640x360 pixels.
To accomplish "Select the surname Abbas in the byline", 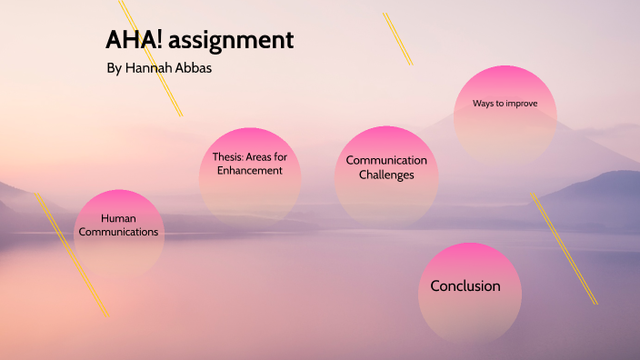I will pyautogui.click(x=197, y=69).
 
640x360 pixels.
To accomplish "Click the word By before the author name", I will pyautogui.click(x=114, y=69).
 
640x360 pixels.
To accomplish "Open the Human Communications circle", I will pyautogui.click(x=118, y=233).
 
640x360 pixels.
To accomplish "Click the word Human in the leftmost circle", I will pyautogui.click(x=118, y=218).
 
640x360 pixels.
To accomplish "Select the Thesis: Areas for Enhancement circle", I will pyautogui.click(x=250, y=177).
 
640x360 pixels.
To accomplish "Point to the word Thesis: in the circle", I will pyautogui.click(x=228, y=156).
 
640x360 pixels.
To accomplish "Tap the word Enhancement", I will pyautogui.click(x=250, y=170).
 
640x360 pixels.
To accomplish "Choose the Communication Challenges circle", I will pyautogui.click(x=386, y=177).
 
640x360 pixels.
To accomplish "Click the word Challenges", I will pyautogui.click(x=386, y=175).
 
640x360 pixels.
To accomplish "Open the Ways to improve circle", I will pyautogui.click(x=505, y=114).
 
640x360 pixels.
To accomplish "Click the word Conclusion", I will pyautogui.click(x=465, y=285).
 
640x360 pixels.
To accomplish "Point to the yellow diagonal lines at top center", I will pyautogui.click(x=398, y=39).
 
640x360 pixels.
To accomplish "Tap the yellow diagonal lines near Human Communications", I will pyautogui.click(x=73, y=255).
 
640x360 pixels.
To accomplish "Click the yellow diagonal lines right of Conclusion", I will pyautogui.click(x=564, y=248).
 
